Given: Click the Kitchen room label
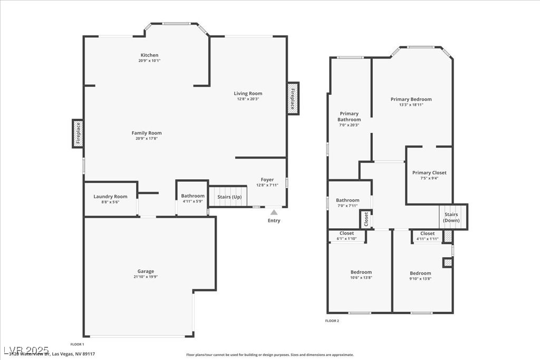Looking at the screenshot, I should coord(149,55).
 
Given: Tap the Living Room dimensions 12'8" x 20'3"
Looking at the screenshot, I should coord(248,99).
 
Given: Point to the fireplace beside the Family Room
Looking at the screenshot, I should coord(78,133).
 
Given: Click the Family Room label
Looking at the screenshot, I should coord(147,133).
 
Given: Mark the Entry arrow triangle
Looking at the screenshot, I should coord(274,212).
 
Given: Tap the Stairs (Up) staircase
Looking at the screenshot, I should coord(229,196).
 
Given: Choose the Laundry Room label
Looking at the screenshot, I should coord(110,197).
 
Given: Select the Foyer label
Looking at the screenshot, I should coord(267,180).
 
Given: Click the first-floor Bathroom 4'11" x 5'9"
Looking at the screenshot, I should coord(192,198).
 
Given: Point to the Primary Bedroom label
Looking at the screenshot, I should coord(411,99).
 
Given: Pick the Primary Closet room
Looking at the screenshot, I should coord(429,175).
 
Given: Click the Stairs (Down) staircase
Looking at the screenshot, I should coord(451,217).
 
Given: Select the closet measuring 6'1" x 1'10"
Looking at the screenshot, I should coord(346,236).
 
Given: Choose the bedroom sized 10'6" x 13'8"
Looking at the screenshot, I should coord(361,275).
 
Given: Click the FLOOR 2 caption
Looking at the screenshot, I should coord(332,320).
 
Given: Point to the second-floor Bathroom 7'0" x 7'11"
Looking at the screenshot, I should coord(348,202).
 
